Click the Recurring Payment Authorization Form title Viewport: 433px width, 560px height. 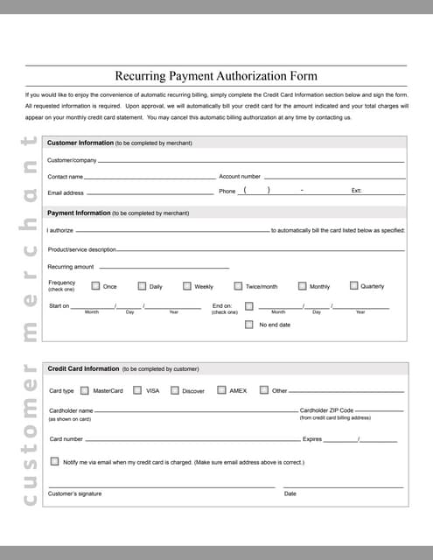pyautogui.click(x=216, y=76)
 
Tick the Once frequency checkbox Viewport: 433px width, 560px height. pyautogui.click(x=95, y=286)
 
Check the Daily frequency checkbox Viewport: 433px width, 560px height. pyautogui.click(x=142, y=286)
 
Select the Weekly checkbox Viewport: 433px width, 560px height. pyautogui.click(x=187, y=286)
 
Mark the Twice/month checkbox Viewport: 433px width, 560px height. pyautogui.click(x=238, y=286)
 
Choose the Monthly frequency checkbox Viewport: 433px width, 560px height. pyautogui.click(x=302, y=286)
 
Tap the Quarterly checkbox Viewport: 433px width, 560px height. pyautogui.click(x=353, y=285)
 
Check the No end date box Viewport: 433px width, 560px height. pyautogui.click(x=249, y=324)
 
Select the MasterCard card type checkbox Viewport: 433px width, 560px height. pyautogui.click(x=84, y=390)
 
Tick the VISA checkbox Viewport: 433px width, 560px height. pyautogui.click(x=137, y=390)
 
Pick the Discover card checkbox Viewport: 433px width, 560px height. pyautogui.click(x=175, y=390)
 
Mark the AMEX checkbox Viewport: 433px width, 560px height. pyautogui.click(x=222, y=389)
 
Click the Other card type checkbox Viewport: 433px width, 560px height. pyautogui.click(x=264, y=390)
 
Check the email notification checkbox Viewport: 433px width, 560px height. pyautogui.click(x=54, y=461)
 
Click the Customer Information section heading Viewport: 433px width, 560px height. pyautogui.click(x=80, y=143)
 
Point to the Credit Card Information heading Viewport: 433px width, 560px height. pyautogui.click(x=83, y=369)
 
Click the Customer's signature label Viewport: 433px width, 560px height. pyautogui.click(x=74, y=493)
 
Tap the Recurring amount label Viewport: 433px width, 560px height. pyautogui.click(x=70, y=267)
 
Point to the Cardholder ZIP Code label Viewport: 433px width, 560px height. pyautogui.click(x=326, y=409)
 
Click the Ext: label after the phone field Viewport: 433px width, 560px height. pyautogui.click(x=356, y=191)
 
